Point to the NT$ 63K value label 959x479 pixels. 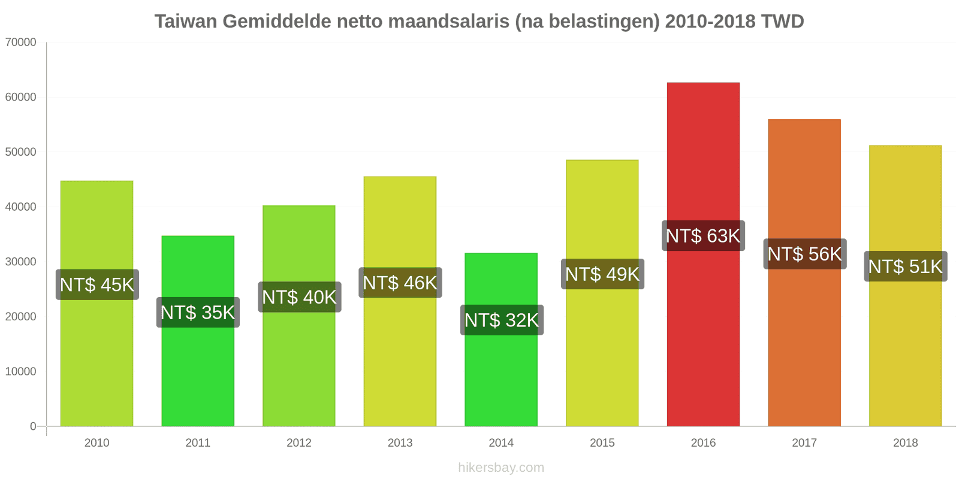pyautogui.click(x=703, y=236)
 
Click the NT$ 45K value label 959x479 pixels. pyautogui.click(x=97, y=284)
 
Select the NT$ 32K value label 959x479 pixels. pyautogui.click(x=502, y=320)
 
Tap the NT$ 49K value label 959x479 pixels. pyautogui.click(x=602, y=274)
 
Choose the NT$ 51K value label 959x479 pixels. pyautogui.click(x=905, y=266)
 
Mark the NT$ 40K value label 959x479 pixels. pyautogui.click(x=299, y=297)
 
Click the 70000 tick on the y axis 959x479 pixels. pyautogui.click(x=21, y=43)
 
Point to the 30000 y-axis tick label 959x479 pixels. pyautogui.click(x=21, y=262)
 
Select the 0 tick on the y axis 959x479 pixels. pyautogui.click(x=33, y=426)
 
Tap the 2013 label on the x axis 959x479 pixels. pyautogui.click(x=400, y=443)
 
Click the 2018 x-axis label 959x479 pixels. pyautogui.click(x=905, y=443)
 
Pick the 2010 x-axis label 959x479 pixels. pyautogui.click(x=96, y=443)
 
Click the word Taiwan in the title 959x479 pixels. pyautogui.click(x=186, y=22)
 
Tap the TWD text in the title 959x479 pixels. pyautogui.click(x=782, y=22)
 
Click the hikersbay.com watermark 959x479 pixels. pyautogui.click(x=501, y=468)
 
